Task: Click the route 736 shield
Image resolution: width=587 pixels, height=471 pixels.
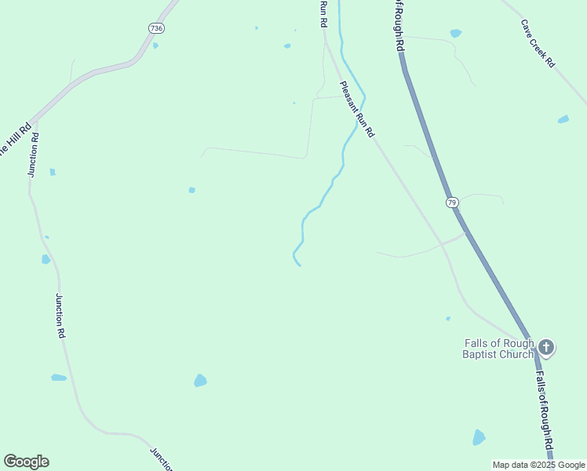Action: pyautogui.click(x=157, y=28)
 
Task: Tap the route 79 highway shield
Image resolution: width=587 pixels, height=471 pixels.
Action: pyautogui.click(x=452, y=203)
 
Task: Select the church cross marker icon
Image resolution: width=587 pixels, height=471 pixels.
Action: pyautogui.click(x=546, y=346)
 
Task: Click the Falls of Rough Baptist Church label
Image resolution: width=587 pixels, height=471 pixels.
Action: pyautogui.click(x=498, y=349)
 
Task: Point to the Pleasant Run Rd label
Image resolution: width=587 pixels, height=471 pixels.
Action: pyautogui.click(x=358, y=110)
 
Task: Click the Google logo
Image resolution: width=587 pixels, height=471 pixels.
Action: pyautogui.click(x=26, y=462)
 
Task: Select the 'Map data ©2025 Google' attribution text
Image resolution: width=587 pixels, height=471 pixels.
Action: pyautogui.click(x=538, y=465)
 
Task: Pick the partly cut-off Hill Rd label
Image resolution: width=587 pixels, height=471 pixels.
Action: pyautogui.click(x=13, y=140)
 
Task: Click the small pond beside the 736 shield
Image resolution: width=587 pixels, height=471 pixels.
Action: pyautogui.click(x=155, y=46)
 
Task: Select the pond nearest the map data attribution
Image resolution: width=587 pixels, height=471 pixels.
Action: pyautogui.click(x=479, y=437)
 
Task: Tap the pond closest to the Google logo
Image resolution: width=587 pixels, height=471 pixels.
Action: pyautogui.click(x=59, y=378)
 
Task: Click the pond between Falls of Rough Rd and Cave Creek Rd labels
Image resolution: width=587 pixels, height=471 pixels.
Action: pyautogui.click(x=456, y=34)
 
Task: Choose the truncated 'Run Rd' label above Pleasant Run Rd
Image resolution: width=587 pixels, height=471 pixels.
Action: pyautogui.click(x=323, y=14)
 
